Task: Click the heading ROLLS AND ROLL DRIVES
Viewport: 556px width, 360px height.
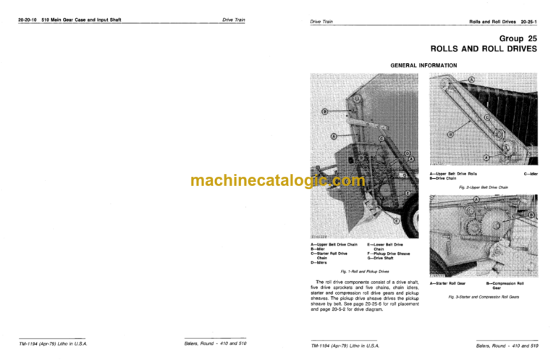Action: coord(484,49)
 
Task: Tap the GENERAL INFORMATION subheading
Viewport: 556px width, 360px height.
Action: coord(424,65)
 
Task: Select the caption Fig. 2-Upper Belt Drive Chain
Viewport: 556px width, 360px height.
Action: coord(484,188)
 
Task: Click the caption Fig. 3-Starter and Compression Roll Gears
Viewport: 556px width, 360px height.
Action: coord(484,297)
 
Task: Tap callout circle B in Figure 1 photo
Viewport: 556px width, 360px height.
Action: coord(325,111)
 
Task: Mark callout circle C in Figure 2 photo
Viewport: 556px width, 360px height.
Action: coord(487,118)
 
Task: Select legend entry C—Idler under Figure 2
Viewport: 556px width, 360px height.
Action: coord(530,175)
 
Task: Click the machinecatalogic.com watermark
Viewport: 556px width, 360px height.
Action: coord(278,181)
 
